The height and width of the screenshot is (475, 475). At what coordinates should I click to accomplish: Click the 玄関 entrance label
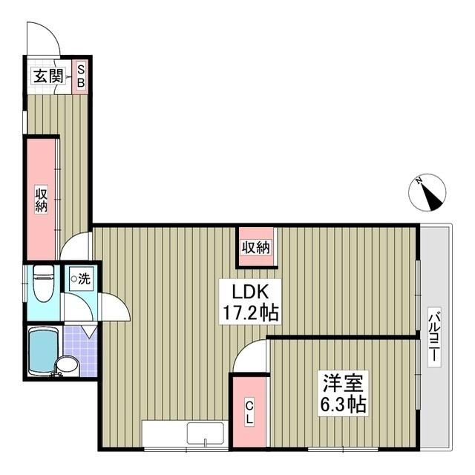pyautogui.click(x=48, y=76)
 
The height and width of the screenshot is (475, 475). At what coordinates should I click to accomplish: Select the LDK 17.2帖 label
pyautogui.click(x=250, y=302)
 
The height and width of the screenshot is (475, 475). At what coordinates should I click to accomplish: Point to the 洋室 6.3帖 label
pyautogui.click(x=344, y=393)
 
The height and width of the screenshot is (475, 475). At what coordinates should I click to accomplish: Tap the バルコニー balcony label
pyautogui.click(x=434, y=336)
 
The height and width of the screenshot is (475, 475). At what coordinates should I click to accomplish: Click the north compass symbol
pyautogui.click(x=427, y=192)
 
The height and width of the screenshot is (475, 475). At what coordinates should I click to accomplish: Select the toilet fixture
pyautogui.click(x=44, y=284)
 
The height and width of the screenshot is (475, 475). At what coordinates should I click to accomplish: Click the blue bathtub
pyautogui.click(x=43, y=351)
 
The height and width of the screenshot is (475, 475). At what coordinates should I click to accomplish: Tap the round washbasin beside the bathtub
pyautogui.click(x=68, y=366)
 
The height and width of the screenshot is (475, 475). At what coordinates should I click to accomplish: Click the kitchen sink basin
pyautogui.click(x=206, y=433)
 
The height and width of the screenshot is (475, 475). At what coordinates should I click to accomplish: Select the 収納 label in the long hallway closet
pyautogui.click(x=41, y=200)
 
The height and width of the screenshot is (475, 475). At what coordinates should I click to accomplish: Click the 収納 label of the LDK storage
pyautogui.click(x=255, y=248)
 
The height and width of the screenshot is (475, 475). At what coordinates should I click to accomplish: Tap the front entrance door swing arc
pyautogui.click(x=51, y=30)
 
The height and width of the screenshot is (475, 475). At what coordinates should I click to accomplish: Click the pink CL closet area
pyautogui.click(x=249, y=412)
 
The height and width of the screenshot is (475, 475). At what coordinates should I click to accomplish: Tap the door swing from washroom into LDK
pyautogui.click(x=121, y=302)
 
